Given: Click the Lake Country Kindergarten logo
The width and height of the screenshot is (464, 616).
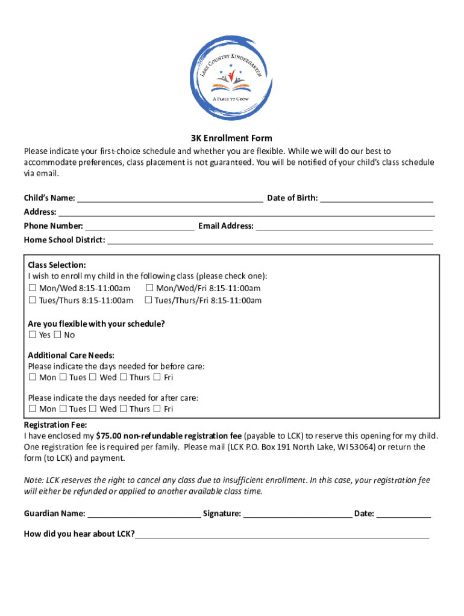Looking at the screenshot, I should [x=231, y=77].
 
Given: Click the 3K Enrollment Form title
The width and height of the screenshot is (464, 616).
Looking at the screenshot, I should [x=231, y=138].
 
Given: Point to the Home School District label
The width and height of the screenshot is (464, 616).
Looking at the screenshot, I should [x=64, y=240].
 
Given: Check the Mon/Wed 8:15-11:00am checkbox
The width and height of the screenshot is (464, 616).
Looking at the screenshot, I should [x=33, y=288].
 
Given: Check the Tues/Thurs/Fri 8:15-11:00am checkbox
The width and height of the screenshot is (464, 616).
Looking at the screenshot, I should [x=148, y=300].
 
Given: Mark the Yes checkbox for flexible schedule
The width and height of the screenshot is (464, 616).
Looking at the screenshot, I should [x=33, y=335].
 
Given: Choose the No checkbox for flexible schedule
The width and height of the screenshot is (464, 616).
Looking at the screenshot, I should [x=58, y=335].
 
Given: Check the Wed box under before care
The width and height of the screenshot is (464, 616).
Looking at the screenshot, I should [x=93, y=378].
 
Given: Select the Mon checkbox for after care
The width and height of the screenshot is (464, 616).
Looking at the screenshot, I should [x=33, y=409].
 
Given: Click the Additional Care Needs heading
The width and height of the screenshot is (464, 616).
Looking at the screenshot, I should [x=71, y=356].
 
